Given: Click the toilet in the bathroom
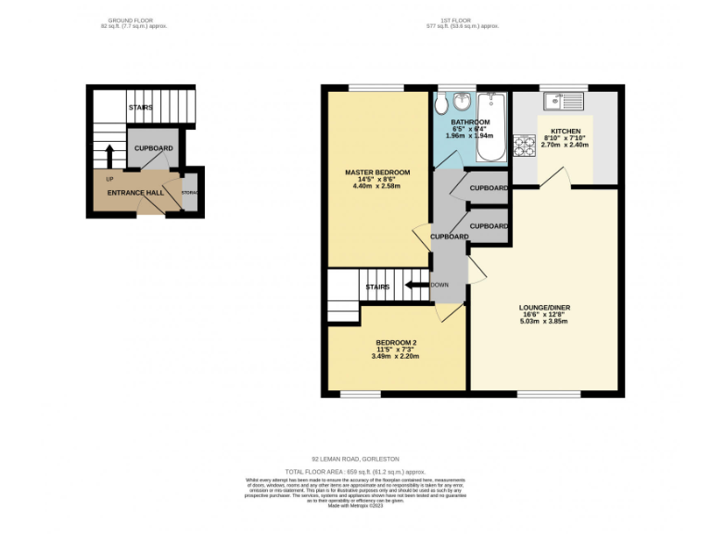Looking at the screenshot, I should (x=443, y=103).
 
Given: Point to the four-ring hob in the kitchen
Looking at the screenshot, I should (x=526, y=146).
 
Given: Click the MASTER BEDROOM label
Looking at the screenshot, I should (x=376, y=172).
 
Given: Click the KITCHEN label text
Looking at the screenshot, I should (x=566, y=132).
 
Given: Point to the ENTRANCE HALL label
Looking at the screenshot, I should (x=131, y=192).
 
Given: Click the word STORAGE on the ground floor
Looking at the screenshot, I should (x=189, y=192).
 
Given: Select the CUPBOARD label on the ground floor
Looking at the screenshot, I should (x=153, y=148).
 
